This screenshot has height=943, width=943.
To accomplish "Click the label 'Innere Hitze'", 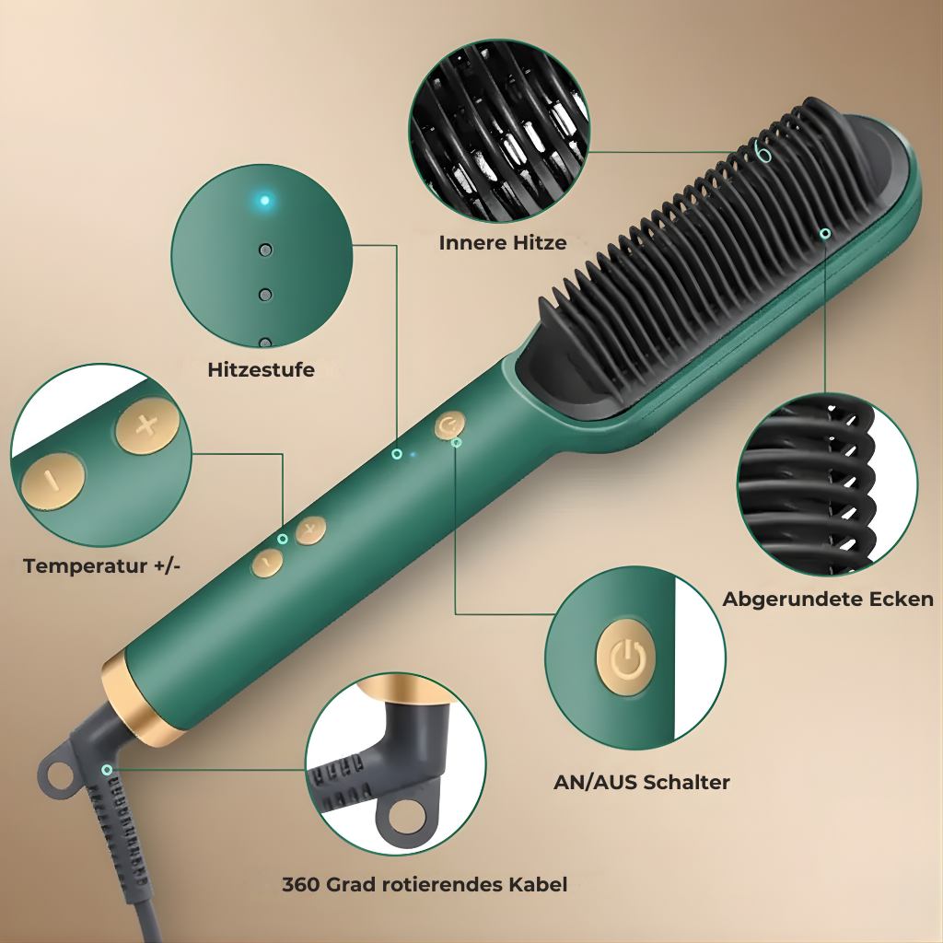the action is [x=503, y=243].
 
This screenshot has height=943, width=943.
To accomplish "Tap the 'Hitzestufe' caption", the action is [x=261, y=369].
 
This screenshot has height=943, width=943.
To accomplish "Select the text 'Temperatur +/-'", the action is [x=101, y=566].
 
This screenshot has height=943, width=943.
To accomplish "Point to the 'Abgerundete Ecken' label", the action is [x=828, y=599].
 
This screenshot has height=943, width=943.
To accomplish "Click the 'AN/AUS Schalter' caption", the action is [x=642, y=782].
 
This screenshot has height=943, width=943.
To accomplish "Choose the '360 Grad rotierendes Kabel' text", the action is [x=425, y=885].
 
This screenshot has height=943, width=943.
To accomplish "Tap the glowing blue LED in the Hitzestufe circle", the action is [x=264, y=200].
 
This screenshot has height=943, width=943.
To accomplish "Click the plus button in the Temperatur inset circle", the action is [x=147, y=425].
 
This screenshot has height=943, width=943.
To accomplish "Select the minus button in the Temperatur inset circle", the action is [x=52, y=481].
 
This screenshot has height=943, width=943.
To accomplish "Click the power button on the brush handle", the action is [x=449, y=425].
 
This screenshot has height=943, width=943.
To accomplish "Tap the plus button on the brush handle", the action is [x=310, y=530].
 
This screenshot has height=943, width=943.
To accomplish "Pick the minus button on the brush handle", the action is [x=268, y=563].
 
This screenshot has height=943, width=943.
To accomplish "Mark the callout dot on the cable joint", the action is [x=107, y=770].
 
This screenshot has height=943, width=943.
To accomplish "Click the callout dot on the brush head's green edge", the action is [x=826, y=233].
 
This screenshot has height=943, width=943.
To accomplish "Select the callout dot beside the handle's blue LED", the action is [x=397, y=454].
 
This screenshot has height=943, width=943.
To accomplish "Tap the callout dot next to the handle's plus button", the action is [x=283, y=539].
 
